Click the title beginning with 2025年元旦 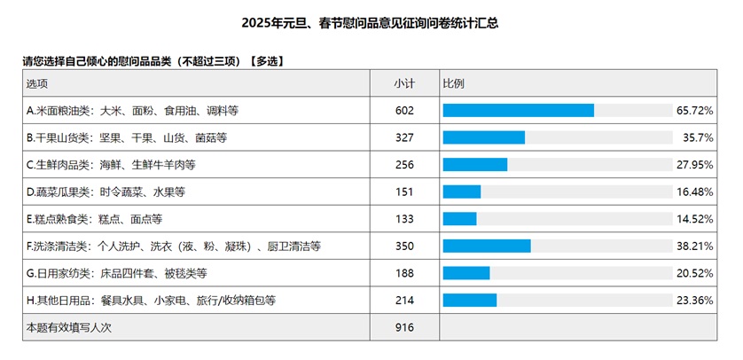point(370,23)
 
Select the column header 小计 point(404,83)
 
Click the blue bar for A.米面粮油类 point(518,111)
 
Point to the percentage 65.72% point(695,111)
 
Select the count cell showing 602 point(404,111)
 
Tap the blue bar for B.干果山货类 point(483,137)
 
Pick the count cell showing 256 point(404,165)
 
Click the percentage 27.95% point(695,165)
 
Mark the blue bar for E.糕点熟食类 point(459,219)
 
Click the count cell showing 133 point(404,219)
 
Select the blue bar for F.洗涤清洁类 point(487,246)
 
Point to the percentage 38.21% point(695,246)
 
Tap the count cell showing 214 point(404,300)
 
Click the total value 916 point(404,327)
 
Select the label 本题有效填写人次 point(69,327)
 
